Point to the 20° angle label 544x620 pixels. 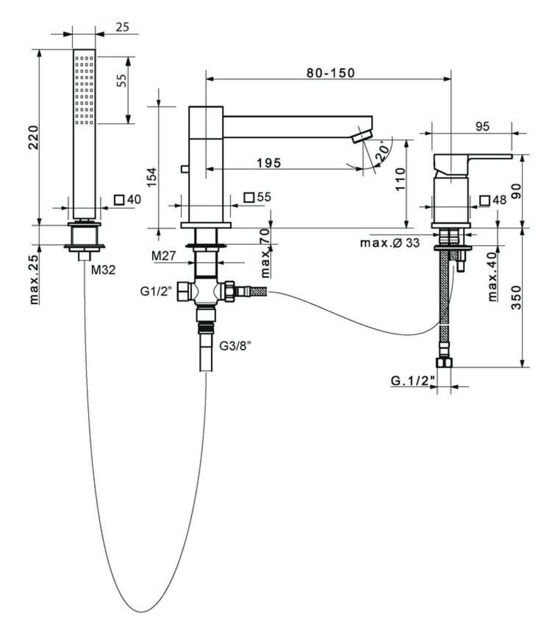pos(385,150)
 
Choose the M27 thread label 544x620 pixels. pos(163,256)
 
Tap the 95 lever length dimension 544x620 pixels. pos(483,127)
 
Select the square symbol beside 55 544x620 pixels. pos(248,197)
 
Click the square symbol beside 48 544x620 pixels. pos(485,200)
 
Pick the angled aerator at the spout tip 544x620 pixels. pos(360,135)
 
